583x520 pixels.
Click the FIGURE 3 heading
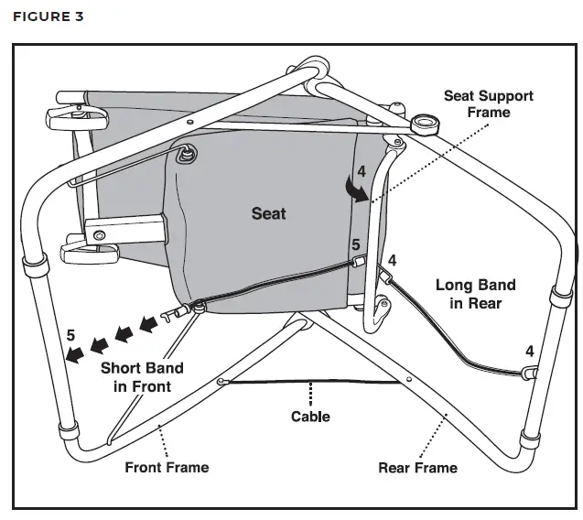coord(47,16)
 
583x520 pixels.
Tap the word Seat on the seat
coord(268,213)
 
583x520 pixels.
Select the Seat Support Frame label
coord(488,103)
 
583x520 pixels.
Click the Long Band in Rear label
coord(475,294)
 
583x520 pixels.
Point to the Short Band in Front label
coord(141,377)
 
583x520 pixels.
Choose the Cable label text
coord(310,417)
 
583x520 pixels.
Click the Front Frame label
coord(167,468)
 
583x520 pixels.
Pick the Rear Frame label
coord(417,468)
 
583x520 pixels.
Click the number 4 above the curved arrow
coord(362,170)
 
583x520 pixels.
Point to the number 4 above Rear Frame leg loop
coord(529,352)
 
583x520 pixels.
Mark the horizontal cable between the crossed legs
coord(311,383)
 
